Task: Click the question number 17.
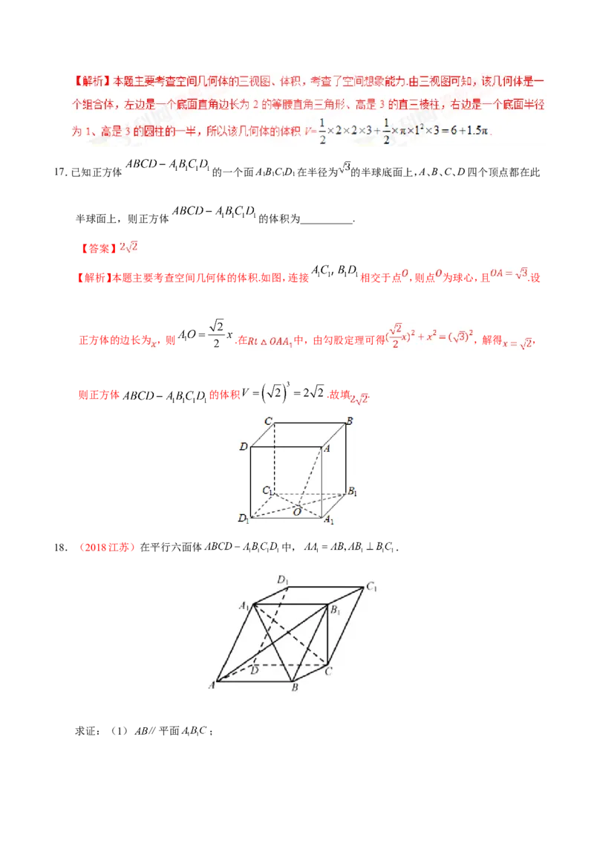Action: point(62,173)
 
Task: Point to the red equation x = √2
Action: point(518,342)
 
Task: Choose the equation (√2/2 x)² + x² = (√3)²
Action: point(426,336)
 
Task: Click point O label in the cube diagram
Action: point(296,512)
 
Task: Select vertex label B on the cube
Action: point(350,421)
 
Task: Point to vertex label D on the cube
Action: point(243,447)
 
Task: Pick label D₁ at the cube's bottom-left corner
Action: point(243,518)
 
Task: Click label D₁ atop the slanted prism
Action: point(282,579)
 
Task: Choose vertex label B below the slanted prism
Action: point(295,688)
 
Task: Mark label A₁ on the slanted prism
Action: point(243,605)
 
